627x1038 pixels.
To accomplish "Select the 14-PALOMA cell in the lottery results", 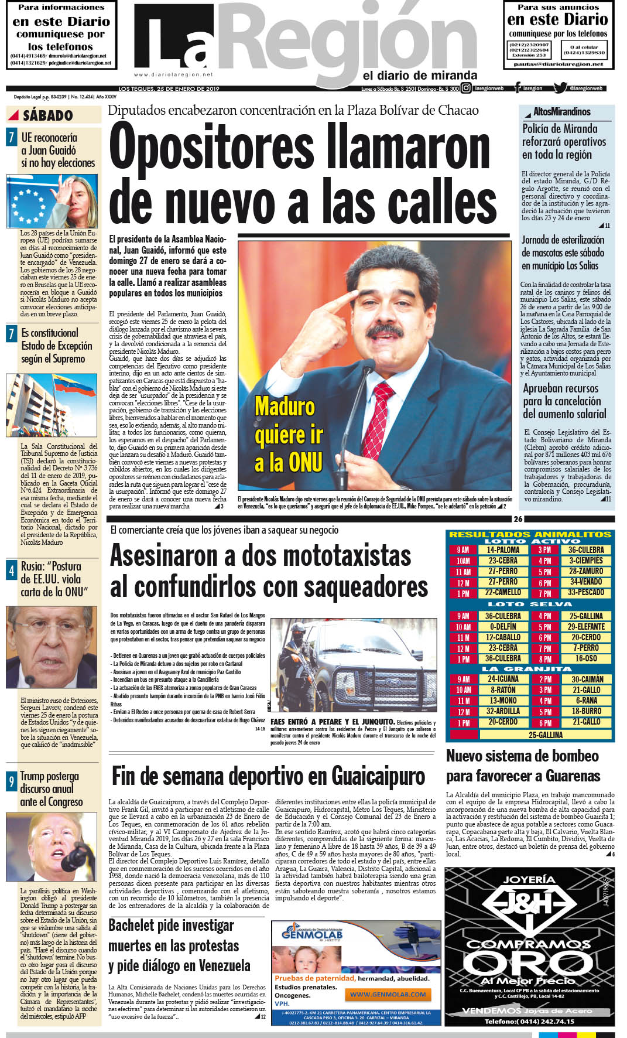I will click(503, 550).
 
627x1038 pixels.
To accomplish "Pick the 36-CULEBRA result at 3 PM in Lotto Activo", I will click(585, 550).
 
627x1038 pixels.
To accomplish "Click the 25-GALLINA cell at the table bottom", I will click(545, 735).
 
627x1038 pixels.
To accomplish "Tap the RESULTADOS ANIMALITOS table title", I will click(530, 534).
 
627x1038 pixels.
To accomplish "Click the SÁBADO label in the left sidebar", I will click(47, 115).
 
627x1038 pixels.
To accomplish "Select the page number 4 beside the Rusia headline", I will click(11, 571).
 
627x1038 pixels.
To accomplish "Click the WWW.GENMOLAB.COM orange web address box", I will click(388, 994).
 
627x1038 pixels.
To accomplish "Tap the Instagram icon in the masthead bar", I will click(466, 88).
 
